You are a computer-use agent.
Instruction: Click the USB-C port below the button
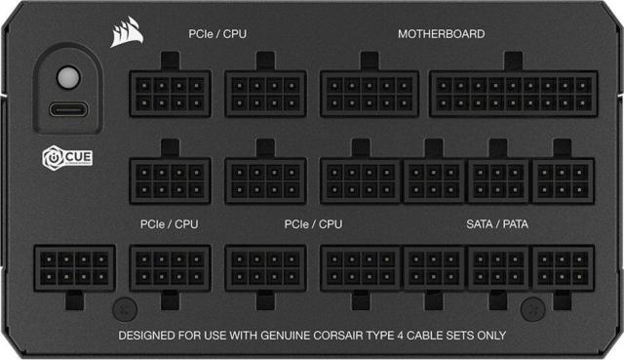66,109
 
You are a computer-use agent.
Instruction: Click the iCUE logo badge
67,156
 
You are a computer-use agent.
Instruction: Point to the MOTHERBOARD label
441,34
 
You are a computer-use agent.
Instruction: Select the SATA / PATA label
496,224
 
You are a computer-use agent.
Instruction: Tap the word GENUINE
286,336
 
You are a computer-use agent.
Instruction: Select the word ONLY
489,336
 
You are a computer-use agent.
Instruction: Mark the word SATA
480,224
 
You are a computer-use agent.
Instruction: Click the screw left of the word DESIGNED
120,309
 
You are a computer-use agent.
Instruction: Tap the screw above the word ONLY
531,309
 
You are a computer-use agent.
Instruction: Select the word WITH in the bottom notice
241,336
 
